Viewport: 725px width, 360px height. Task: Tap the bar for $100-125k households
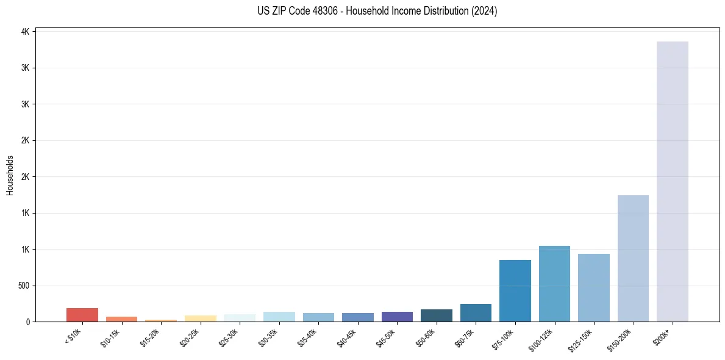554,284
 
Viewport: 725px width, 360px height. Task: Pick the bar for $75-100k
515,290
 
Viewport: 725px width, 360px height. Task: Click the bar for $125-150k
594,287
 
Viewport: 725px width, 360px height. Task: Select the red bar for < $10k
82,315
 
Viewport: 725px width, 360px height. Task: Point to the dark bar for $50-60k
437,315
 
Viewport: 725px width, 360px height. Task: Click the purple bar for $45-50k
397,317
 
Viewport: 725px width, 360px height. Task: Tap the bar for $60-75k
476,312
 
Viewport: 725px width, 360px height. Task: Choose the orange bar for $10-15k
121,319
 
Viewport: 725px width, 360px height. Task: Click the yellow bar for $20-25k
200,319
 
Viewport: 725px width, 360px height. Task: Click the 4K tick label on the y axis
26,32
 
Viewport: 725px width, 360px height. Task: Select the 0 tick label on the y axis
28,322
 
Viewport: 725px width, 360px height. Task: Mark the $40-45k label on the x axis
347,337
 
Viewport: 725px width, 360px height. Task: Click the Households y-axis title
10,175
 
